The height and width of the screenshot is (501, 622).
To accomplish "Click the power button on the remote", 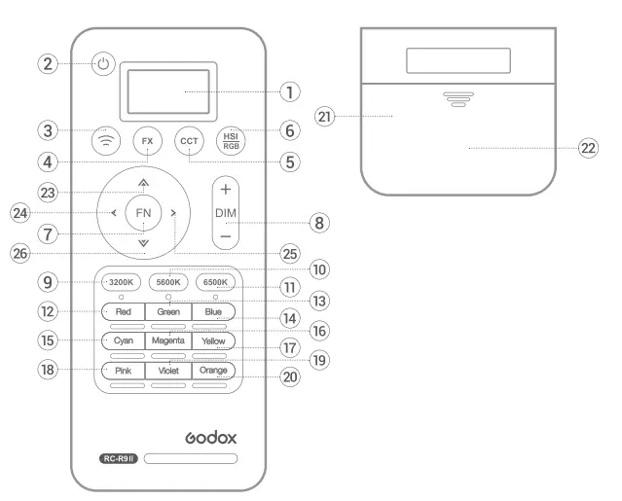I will (x=105, y=65).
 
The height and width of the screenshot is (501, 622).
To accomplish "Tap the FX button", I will (x=147, y=141).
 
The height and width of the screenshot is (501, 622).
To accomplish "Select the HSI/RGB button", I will (x=231, y=141).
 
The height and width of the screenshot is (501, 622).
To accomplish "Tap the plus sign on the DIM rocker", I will (x=226, y=188).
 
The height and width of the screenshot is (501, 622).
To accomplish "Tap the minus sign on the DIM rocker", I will (x=226, y=236).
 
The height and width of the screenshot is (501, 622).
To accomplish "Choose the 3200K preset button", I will (x=123, y=282).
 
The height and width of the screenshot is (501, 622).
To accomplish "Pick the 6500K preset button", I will (x=213, y=282).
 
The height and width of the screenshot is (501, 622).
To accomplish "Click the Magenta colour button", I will (x=167, y=341).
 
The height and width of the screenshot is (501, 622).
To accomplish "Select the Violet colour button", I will (x=167, y=371).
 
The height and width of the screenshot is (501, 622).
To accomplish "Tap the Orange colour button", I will (x=213, y=371).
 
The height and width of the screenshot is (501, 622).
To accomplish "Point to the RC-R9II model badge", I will (x=121, y=456).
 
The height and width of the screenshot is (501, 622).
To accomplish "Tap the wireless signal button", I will (x=105, y=141).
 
